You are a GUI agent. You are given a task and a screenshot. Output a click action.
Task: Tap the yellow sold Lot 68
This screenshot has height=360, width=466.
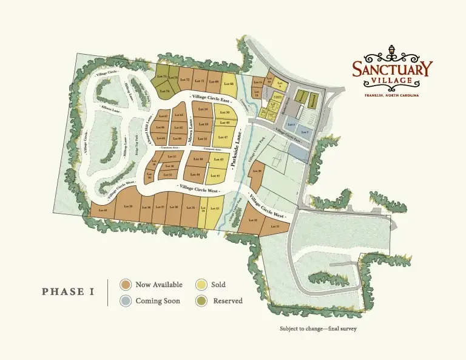[228, 84]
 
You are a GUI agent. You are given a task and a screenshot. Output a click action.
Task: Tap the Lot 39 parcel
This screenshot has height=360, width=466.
[128, 206]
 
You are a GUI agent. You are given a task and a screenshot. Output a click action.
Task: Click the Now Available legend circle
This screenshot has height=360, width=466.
[126, 284]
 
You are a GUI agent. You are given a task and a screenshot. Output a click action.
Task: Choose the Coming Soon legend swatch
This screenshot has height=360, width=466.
[126, 301]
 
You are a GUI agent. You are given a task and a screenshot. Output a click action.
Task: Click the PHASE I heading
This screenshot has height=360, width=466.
[68, 292]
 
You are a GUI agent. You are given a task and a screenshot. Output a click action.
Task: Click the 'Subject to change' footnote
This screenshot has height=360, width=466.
[318, 329]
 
